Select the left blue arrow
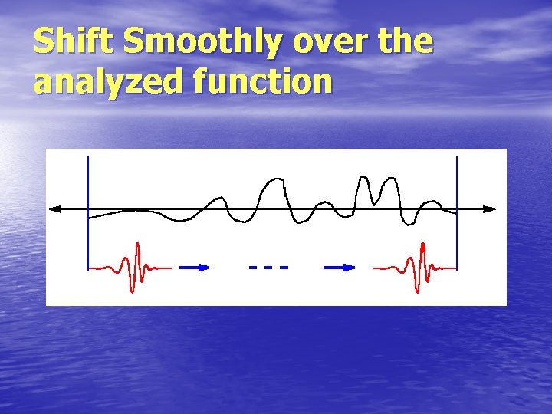[195, 267]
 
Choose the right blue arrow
[340, 267]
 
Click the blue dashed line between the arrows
[268, 267]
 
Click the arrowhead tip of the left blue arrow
[208, 267]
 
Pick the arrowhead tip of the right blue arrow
[354, 267]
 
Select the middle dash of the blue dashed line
[268, 267]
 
